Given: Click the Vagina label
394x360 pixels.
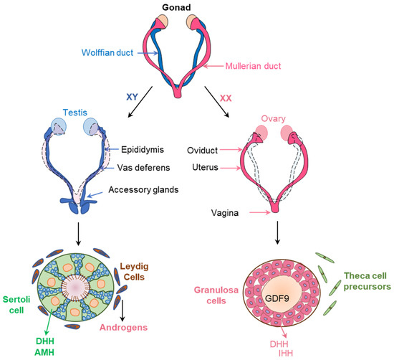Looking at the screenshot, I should [x=218, y=212].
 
